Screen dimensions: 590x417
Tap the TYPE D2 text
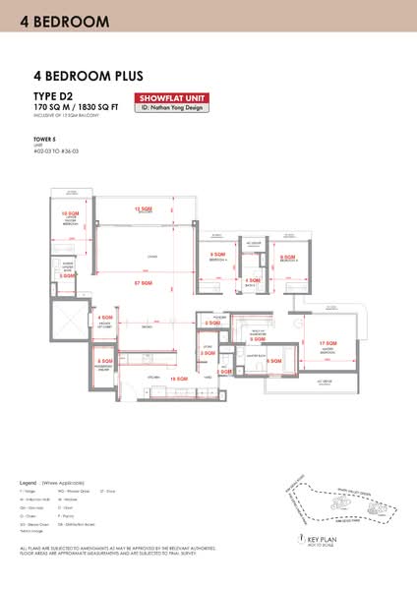(x=54, y=94)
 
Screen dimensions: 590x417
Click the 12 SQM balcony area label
(x=145, y=209)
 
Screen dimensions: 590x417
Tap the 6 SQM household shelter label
(x=104, y=361)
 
